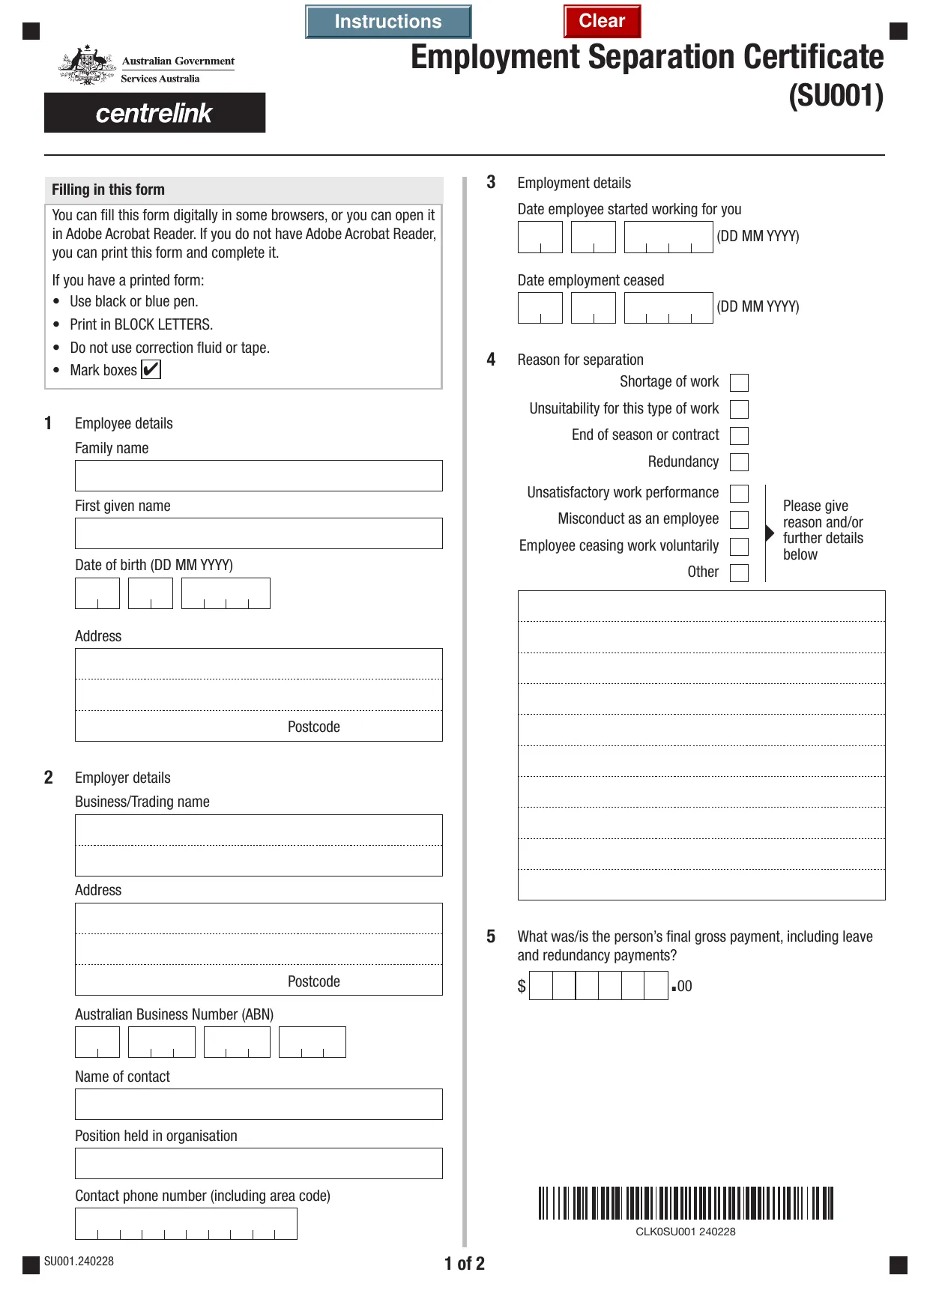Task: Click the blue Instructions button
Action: (388, 22)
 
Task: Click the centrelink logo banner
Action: (154, 113)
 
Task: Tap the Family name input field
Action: (259, 476)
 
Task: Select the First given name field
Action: (259, 533)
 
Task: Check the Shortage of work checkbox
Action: (739, 383)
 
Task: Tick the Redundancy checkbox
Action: (739, 462)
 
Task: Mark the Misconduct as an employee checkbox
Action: (739, 520)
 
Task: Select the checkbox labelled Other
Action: (739, 573)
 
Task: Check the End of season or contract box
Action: (739, 436)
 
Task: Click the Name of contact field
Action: (259, 1104)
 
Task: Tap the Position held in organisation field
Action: (259, 1163)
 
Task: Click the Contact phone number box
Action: (186, 1224)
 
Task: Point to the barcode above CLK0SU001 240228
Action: (685, 1203)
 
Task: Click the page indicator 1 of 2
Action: (465, 1264)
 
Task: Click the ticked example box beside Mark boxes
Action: (151, 370)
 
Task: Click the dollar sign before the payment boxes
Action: (522, 986)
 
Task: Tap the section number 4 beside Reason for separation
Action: (491, 360)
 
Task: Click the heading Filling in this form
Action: (109, 190)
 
